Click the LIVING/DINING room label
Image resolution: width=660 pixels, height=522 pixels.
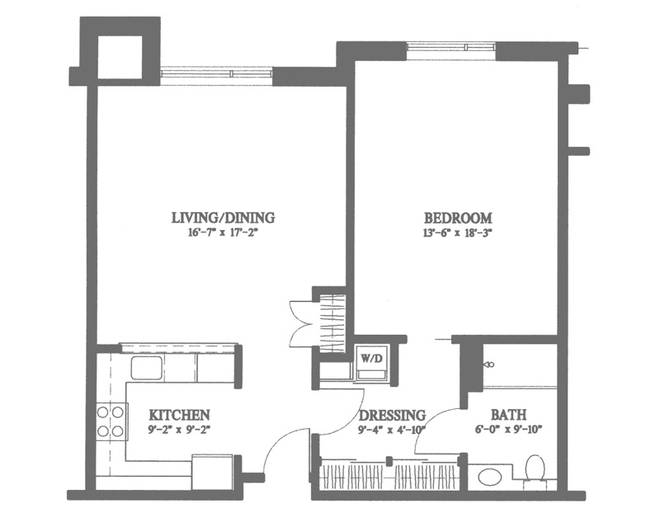point(223,218)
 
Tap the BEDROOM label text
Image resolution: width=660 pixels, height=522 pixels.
point(458,218)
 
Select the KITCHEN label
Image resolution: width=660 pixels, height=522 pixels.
point(179,415)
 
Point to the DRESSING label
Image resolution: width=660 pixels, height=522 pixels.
point(392,415)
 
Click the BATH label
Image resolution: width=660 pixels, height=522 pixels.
point(508,415)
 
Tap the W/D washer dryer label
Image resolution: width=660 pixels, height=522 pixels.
point(371,359)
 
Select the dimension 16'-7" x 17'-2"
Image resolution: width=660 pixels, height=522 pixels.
point(223,233)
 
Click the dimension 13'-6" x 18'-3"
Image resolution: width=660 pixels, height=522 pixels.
point(458,233)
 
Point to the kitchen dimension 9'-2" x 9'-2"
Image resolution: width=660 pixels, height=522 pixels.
point(179,430)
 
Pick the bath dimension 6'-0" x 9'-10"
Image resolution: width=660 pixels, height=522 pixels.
point(509,430)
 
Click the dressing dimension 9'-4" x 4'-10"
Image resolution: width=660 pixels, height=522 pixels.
point(392,430)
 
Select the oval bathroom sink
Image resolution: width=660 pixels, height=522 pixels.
point(490,477)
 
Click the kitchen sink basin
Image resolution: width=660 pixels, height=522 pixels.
point(147,368)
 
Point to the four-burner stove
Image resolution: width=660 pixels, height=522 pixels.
point(111,421)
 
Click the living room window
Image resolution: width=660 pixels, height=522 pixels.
point(217,73)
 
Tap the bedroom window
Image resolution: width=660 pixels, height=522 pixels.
point(451,47)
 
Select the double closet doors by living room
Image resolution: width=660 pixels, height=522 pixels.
point(301,323)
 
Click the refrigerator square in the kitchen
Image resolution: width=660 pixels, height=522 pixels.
point(213,472)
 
